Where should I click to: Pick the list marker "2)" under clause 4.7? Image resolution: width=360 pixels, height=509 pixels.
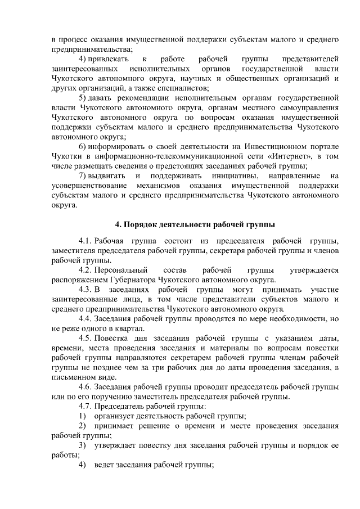(83, 426)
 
